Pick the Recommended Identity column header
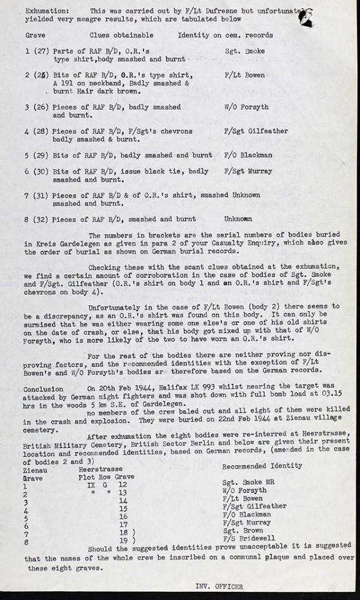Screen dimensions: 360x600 (x=262, y=466)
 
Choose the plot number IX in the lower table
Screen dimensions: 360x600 (x=91, y=484)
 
